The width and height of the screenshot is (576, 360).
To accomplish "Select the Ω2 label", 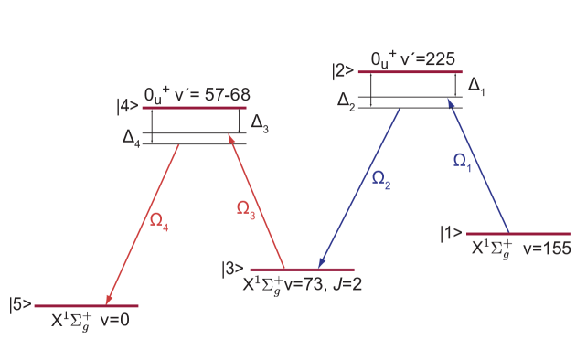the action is [381, 179].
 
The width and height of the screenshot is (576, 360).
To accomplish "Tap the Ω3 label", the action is [246, 208].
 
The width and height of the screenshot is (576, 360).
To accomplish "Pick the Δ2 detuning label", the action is [347, 101].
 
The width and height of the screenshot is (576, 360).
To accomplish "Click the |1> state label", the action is [452, 233].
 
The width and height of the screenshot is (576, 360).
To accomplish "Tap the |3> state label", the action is [232, 269].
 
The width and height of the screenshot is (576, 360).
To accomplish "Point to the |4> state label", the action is [127, 107].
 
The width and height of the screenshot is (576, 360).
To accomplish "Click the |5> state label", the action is [20, 304].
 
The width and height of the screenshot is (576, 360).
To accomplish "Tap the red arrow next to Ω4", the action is [143, 224].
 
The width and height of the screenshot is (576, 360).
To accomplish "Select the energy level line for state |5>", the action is [86, 306].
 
